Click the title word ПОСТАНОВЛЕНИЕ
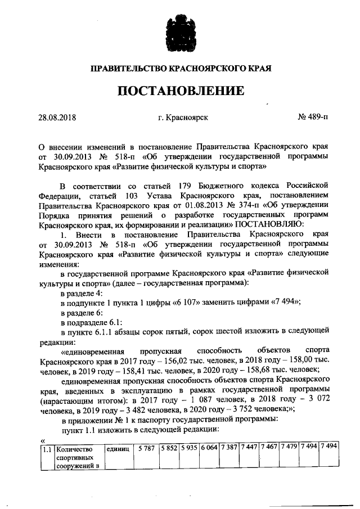point(180,91)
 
